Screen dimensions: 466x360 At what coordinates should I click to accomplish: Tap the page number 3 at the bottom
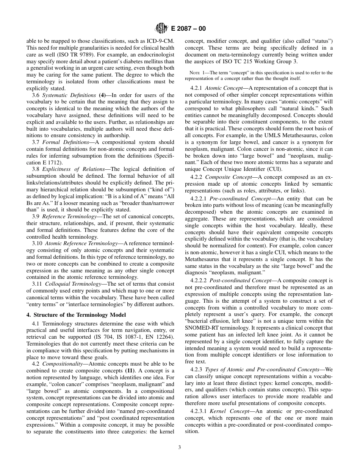[x=180, y=447]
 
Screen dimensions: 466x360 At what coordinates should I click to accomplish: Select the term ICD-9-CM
[x=161, y=41]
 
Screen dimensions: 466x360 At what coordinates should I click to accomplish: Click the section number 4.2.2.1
[x=199, y=199]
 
